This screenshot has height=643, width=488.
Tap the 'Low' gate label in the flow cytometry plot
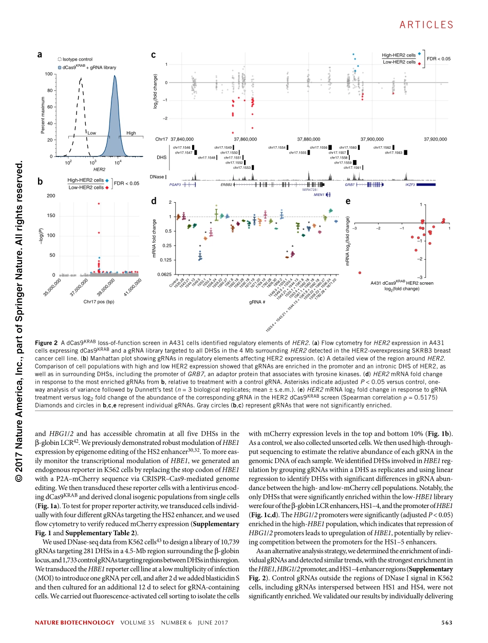pyautogui.click(x=91, y=133)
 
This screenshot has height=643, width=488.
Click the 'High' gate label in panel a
pyautogui.click(x=131, y=133)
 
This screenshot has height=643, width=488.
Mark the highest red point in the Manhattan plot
pyautogui.click(x=99, y=204)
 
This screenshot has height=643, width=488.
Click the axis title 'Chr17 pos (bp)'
pyautogui.click(x=99, y=302)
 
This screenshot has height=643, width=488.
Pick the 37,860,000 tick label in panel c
pyautogui.click(x=245, y=139)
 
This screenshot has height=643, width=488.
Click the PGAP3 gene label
pyautogui.click(x=175, y=184)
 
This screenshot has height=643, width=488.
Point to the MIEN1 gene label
pyautogui.click(x=318, y=195)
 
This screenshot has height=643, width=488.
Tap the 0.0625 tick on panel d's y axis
pyautogui.click(x=164, y=275)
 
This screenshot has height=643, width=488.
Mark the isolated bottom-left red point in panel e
pyautogui.click(x=360, y=272)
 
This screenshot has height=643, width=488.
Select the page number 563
pyautogui.click(x=446, y=623)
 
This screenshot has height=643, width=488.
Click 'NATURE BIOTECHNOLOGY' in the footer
pyautogui.click(x=74, y=623)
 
